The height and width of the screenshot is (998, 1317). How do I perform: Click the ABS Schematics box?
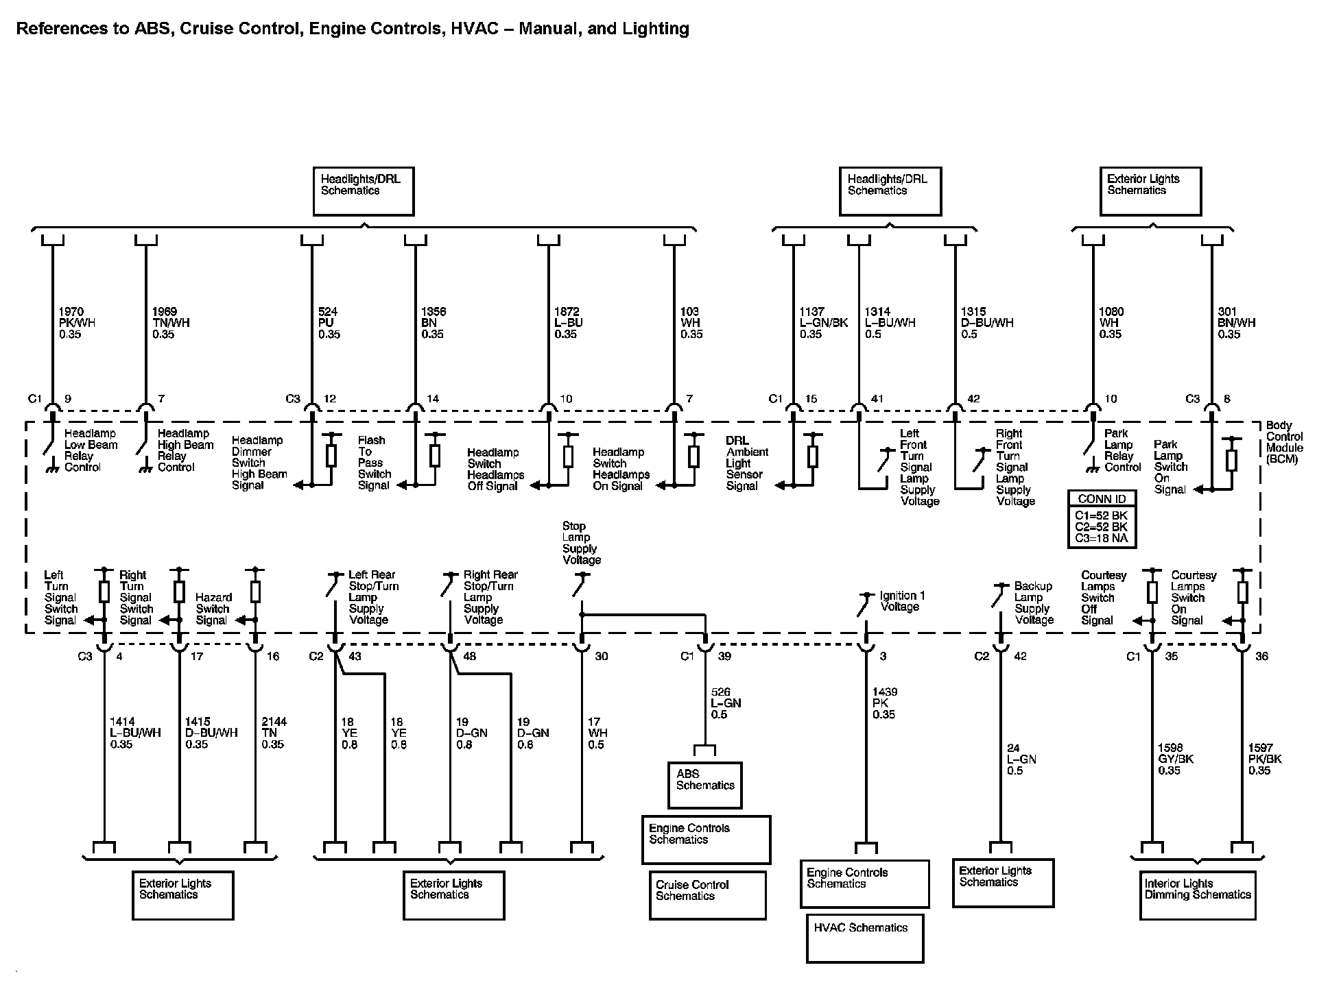click(704, 785)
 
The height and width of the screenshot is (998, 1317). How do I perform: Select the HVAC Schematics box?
click(864, 937)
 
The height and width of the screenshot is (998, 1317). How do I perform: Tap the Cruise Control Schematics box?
click(707, 894)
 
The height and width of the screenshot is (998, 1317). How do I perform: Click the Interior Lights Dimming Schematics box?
click(1198, 894)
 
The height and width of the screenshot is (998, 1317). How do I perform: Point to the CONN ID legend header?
click(1102, 499)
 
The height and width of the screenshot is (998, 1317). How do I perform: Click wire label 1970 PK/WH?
click(76, 323)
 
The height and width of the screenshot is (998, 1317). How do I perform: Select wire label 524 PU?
click(329, 323)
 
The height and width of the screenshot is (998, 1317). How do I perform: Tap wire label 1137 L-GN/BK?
click(823, 323)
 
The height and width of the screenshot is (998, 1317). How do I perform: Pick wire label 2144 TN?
click(274, 733)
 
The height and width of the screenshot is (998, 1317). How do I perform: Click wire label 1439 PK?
click(884, 703)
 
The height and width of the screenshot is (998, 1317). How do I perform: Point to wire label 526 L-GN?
click(726, 703)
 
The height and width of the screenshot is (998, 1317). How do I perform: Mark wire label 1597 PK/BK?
click(1264, 759)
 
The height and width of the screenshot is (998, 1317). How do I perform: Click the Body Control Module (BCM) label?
click(1284, 442)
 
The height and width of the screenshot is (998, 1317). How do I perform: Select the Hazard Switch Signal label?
click(213, 609)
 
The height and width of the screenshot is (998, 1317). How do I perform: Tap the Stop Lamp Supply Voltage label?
click(581, 543)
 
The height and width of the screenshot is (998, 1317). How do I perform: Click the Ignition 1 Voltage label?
click(902, 601)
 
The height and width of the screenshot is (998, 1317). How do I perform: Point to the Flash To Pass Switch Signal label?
click(374, 463)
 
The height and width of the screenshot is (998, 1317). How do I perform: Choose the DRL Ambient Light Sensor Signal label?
click(747, 463)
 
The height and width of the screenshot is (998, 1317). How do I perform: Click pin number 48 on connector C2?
click(470, 656)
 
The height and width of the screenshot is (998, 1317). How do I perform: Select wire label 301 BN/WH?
click(1236, 323)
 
